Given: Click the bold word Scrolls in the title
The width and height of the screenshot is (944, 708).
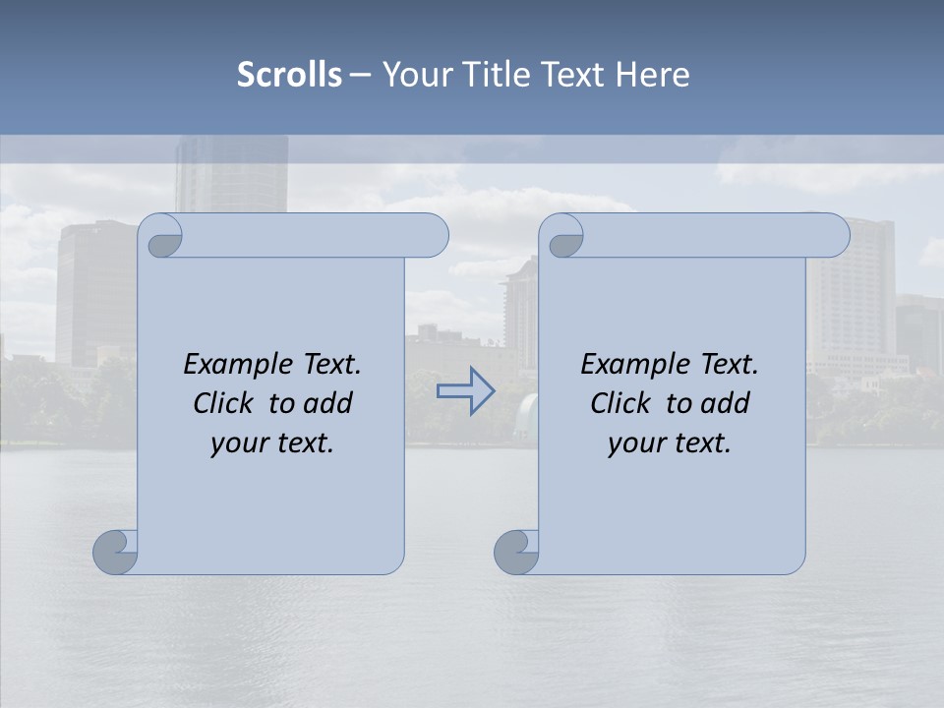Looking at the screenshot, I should pos(289,75).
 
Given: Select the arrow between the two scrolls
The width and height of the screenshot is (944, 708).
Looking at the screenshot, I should pos(465,390).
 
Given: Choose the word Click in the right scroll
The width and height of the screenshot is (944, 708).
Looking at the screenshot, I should pos(620,404).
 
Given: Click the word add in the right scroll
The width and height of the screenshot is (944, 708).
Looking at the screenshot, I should pos(726,404).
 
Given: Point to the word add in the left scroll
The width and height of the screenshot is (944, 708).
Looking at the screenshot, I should pos(328,404).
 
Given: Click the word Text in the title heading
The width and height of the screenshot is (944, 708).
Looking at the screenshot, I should pos(572,75).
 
